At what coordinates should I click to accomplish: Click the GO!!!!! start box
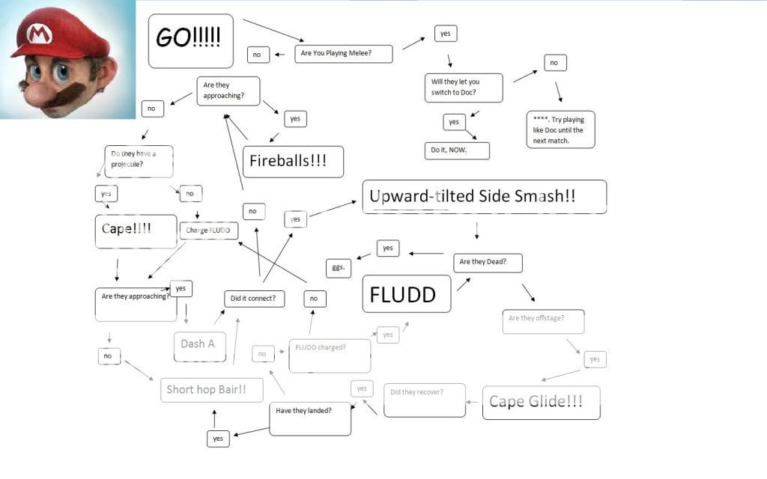click(190, 40)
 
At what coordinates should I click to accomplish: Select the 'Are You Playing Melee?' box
click(344, 54)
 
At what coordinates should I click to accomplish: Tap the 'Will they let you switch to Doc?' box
click(463, 88)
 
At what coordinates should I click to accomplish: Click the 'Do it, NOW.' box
click(457, 150)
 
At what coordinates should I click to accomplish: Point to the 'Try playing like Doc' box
click(560, 129)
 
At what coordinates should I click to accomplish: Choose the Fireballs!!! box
click(294, 162)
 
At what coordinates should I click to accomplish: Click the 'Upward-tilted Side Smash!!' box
click(484, 197)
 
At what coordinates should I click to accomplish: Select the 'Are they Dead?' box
click(488, 263)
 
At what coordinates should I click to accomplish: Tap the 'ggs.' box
click(339, 268)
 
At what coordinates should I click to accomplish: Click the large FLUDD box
click(407, 293)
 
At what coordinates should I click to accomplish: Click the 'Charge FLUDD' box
click(208, 231)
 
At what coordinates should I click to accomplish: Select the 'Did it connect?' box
click(255, 299)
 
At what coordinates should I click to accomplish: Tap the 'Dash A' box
click(198, 345)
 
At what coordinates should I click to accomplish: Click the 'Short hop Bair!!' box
click(212, 390)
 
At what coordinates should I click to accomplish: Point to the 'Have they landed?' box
click(310, 419)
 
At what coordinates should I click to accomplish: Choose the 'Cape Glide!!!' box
click(541, 403)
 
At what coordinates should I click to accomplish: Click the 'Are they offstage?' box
click(543, 320)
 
